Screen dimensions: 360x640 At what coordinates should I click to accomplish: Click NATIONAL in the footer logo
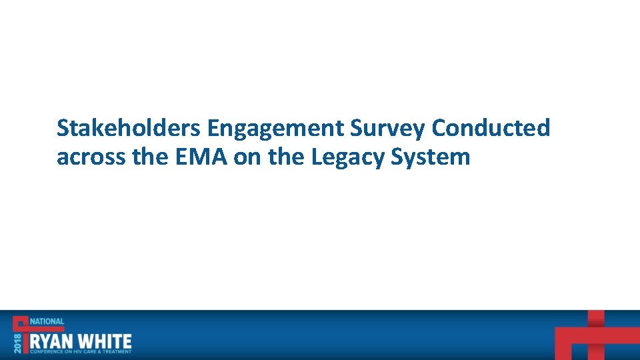pos(47,321)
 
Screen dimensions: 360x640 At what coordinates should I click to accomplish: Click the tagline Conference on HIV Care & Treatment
pos(80,351)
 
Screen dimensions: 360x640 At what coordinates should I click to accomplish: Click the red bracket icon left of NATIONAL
pos(21,323)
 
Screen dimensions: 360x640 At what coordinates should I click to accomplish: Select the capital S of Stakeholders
pos(63,128)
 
